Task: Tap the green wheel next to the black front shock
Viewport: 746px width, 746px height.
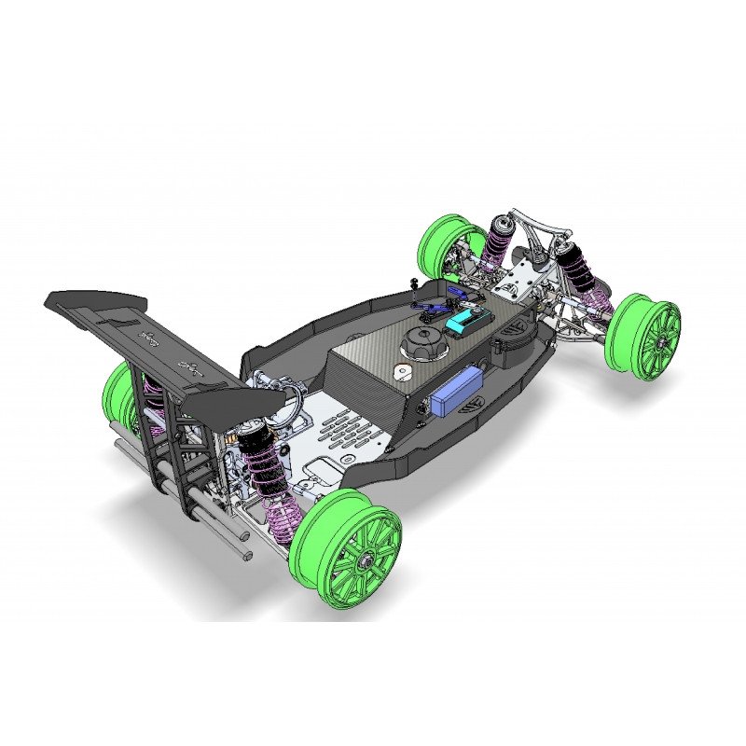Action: (643, 336)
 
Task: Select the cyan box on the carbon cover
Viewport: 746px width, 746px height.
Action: (464, 320)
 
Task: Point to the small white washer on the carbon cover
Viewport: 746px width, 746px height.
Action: (401, 372)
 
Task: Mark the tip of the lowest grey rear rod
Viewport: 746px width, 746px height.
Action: (247, 557)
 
